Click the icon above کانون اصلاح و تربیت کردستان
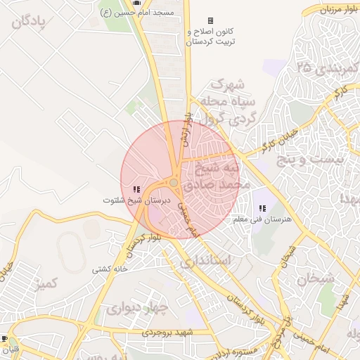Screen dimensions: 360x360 (210, 21)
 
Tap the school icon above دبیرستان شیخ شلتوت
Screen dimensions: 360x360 (136, 189)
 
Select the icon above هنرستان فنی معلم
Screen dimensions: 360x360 (262, 208)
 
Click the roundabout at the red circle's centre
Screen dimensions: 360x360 (174, 183)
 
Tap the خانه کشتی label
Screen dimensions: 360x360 (110, 269)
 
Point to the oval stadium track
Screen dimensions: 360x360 (70, 250)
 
